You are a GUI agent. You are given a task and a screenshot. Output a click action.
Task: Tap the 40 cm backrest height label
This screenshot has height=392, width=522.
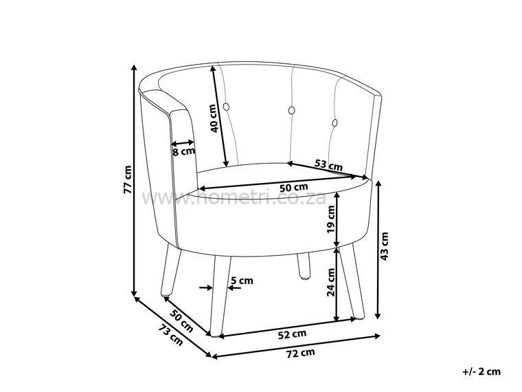pos(214,118)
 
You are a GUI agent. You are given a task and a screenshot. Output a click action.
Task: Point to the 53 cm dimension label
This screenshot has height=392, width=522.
pos(328,165)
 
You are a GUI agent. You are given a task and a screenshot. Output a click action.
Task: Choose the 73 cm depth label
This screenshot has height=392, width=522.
pos(170,335)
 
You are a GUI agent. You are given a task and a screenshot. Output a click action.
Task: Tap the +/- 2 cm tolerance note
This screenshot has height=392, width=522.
pos(481,371)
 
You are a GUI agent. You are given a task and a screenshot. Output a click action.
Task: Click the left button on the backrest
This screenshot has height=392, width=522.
pos(291,110)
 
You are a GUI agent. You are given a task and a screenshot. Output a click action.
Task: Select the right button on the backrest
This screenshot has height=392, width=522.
pos(335,123)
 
